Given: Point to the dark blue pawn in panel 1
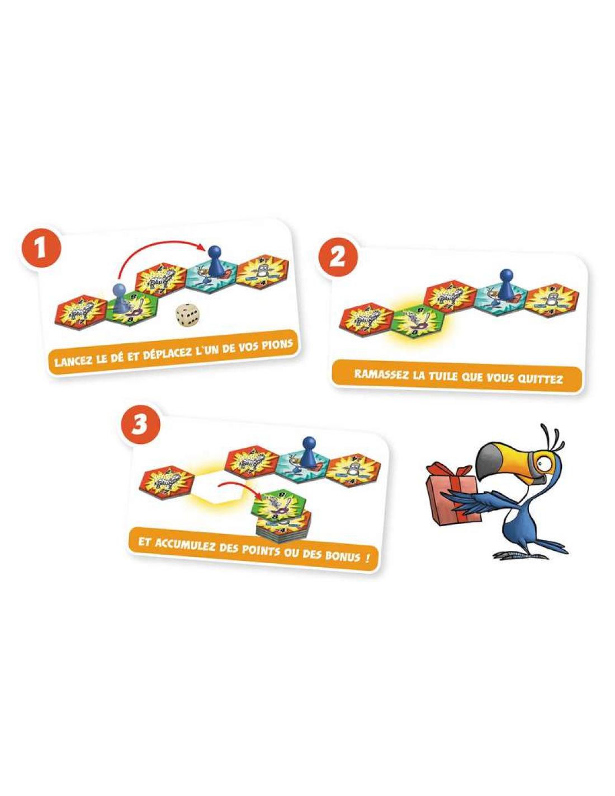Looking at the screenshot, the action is point(213,260).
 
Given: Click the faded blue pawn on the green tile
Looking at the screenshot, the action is point(118,298).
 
